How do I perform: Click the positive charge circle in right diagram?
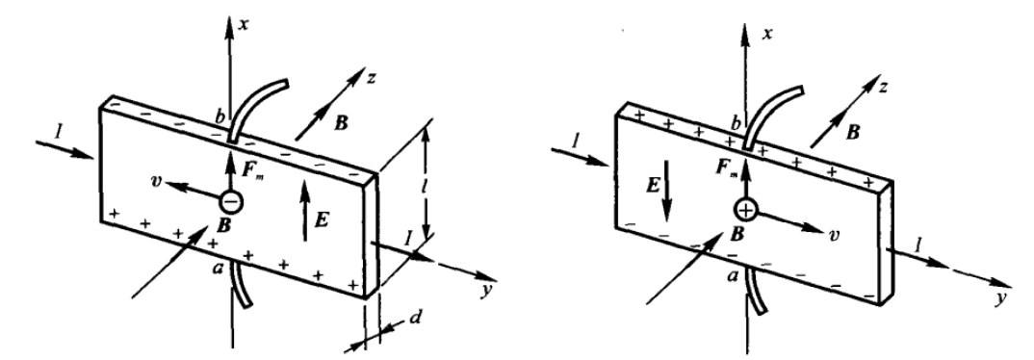click(x=746, y=211)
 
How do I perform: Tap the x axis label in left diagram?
click(x=245, y=24)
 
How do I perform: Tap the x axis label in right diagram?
click(x=766, y=33)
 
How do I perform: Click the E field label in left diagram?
click(x=322, y=219)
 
